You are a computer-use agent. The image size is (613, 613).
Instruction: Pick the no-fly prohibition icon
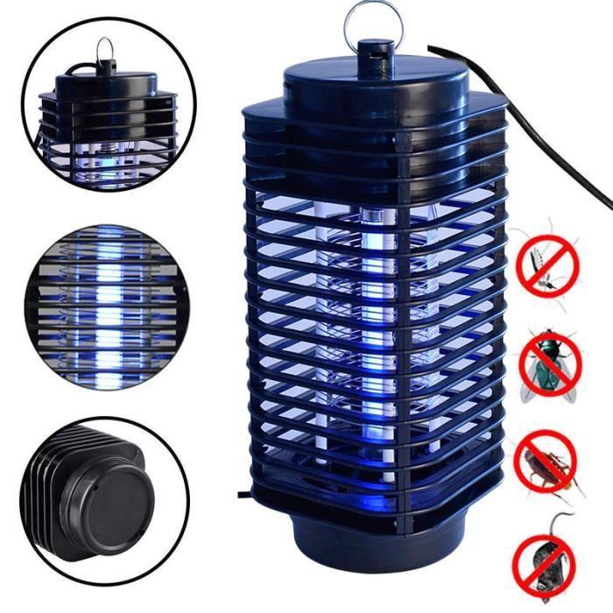[x=549, y=366]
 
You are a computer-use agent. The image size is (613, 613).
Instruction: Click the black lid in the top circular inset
[x=105, y=83]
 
